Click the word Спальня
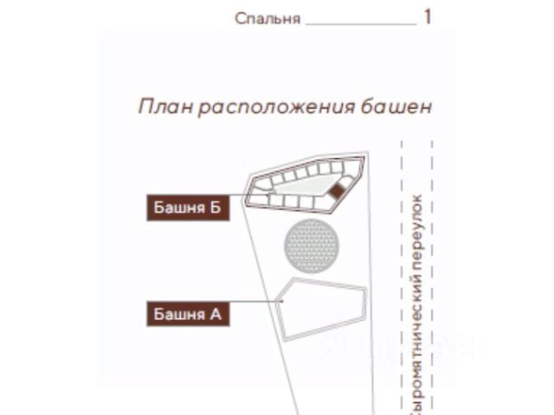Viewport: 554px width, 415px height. click(267, 19)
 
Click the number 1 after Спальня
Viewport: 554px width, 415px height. click(428, 17)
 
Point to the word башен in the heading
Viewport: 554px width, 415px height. click(396, 106)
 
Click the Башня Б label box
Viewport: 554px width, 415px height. click(188, 207)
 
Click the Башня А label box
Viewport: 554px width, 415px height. click(188, 314)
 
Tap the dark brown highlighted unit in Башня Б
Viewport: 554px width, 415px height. click(336, 191)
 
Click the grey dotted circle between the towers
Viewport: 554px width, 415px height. click(312, 246)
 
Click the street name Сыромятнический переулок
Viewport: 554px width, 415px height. click(417, 304)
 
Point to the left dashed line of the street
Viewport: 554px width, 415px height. click(402, 278)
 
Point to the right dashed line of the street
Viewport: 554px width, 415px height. click(433, 278)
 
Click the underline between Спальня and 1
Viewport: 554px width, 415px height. click(361, 25)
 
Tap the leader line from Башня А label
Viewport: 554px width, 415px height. click(256, 302)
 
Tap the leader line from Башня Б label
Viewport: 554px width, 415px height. click(248, 195)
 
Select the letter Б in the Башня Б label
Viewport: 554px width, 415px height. click(216, 207)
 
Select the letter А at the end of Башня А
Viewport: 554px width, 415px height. click(216, 314)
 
